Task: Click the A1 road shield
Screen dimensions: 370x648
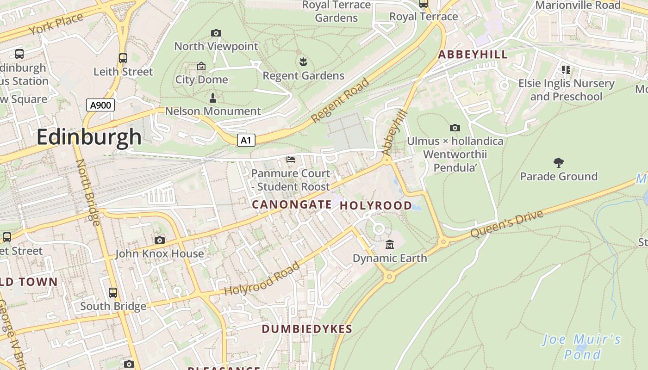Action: coord(246,140)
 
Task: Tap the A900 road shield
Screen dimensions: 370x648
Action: coord(100,105)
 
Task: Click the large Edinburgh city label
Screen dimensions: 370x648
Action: coord(89,137)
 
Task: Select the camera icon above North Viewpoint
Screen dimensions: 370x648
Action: coord(216,33)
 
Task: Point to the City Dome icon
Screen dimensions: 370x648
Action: coord(201,67)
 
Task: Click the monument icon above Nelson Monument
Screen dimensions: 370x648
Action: coord(213,98)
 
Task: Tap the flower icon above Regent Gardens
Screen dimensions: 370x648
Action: coord(303,62)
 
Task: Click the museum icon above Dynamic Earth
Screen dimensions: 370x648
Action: coord(390,244)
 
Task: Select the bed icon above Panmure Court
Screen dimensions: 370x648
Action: coord(291,160)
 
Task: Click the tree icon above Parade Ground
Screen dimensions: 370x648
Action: coord(559,162)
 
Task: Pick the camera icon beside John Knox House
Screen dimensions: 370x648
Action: coord(160,240)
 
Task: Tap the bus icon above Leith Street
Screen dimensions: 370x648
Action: coord(123,58)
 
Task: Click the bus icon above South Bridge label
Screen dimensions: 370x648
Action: coord(113,293)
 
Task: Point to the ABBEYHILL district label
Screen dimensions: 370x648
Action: coord(473,55)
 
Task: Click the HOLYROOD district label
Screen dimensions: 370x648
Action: coord(376,205)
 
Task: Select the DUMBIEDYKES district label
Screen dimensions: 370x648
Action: coord(307,329)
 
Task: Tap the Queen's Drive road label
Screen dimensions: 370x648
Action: coord(506,224)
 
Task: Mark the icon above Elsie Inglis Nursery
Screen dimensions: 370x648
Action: coord(566,70)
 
